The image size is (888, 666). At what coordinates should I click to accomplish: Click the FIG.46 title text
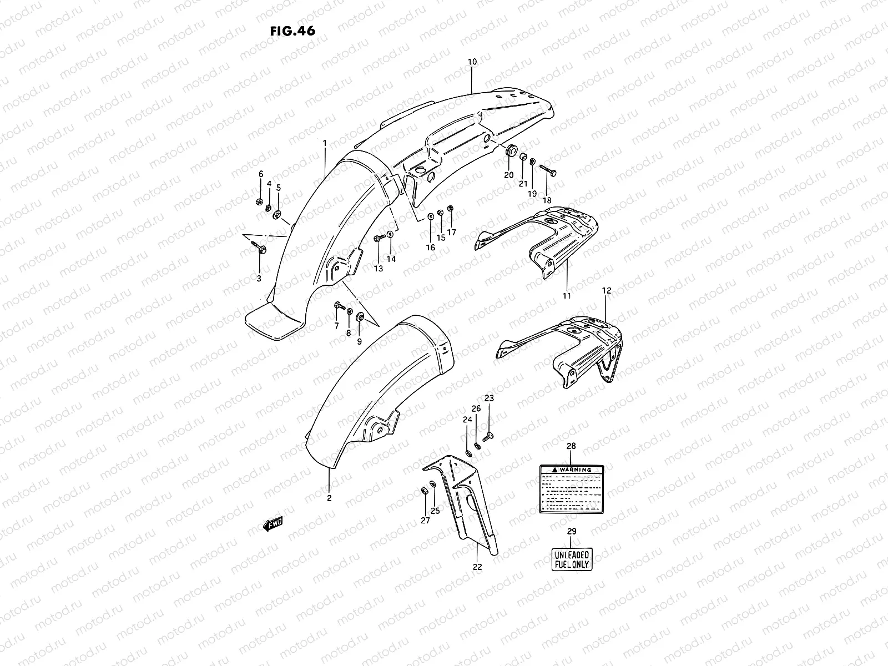click(x=292, y=31)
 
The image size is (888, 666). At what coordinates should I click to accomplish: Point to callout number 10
click(x=472, y=62)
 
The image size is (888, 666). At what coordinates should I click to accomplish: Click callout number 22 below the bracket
click(x=478, y=567)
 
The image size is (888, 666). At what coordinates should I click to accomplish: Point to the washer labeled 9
click(x=360, y=317)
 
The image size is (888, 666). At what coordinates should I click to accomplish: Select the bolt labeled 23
click(x=488, y=437)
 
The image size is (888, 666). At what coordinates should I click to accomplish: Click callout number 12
click(x=606, y=290)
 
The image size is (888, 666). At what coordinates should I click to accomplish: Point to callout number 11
click(x=567, y=296)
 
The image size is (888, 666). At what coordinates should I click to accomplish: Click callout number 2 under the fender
click(x=329, y=498)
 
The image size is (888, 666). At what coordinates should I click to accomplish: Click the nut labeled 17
click(x=450, y=209)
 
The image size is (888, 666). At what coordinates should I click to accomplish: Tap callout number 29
click(x=572, y=531)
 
